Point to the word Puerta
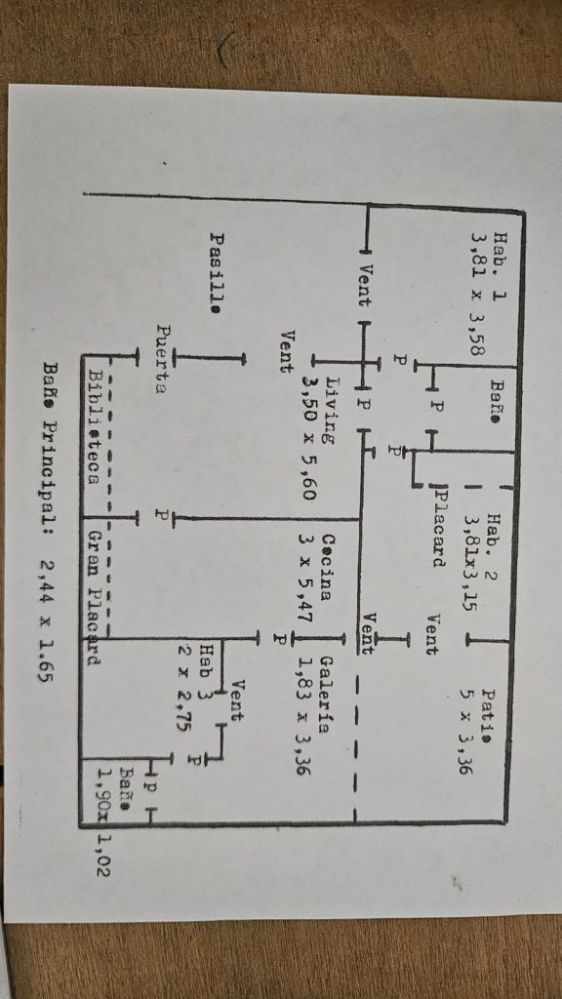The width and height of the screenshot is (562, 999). click(x=165, y=359)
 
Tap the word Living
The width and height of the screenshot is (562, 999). click(x=334, y=411)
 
